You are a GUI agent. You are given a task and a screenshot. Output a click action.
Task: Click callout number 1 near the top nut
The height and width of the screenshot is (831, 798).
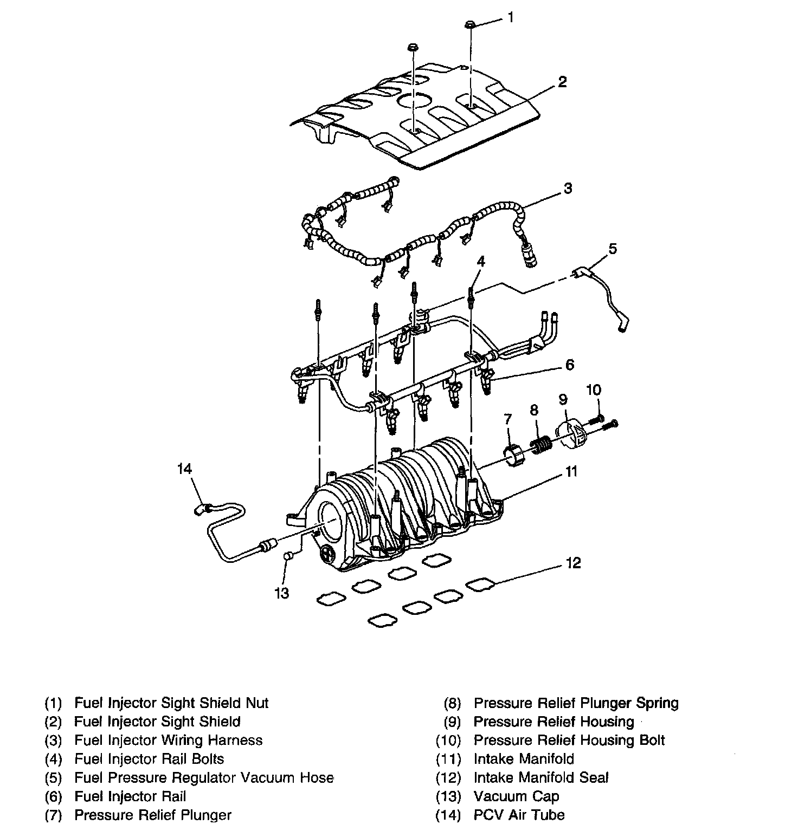(510, 17)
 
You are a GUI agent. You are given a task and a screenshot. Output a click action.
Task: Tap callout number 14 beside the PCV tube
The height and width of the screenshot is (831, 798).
(185, 469)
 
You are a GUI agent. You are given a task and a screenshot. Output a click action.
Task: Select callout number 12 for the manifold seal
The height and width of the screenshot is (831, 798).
(573, 563)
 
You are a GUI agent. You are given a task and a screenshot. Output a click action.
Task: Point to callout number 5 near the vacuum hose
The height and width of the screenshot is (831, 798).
(612, 249)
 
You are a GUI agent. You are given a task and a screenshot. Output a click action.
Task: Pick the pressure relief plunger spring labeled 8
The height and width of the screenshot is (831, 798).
(540, 445)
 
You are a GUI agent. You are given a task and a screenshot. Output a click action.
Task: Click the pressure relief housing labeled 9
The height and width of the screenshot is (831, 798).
(572, 433)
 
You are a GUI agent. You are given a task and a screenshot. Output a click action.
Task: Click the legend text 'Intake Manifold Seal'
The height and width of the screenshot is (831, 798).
(541, 778)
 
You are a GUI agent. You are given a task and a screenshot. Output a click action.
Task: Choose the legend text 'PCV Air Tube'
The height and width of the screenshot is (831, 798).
(519, 815)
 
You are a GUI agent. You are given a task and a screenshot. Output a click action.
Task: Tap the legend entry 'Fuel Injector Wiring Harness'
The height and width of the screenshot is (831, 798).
(168, 741)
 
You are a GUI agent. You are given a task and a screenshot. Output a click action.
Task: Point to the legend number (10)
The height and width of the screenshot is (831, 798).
(448, 741)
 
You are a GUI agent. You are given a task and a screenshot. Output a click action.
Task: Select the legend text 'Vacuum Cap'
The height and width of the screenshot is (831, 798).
(516, 796)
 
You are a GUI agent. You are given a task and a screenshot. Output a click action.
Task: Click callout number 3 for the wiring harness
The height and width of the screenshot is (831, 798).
(567, 189)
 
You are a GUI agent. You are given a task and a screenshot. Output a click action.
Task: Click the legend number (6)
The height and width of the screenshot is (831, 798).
(54, 797)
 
